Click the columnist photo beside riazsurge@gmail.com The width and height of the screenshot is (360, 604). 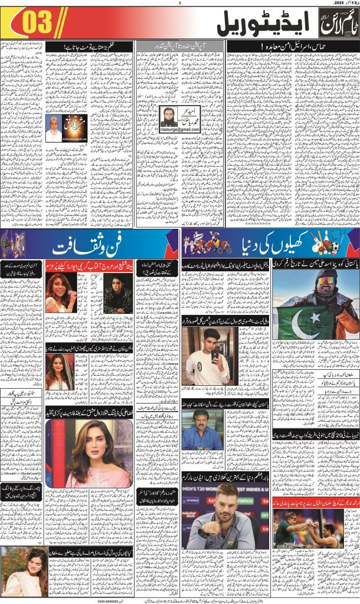click(x=171, y=118)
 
